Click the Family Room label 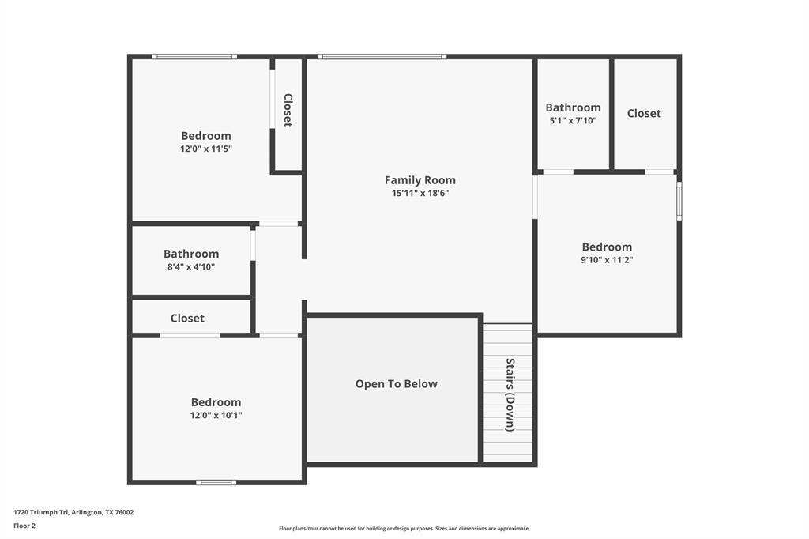pos(420,180)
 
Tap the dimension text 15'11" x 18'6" pos(420,193)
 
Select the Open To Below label pos(396,384)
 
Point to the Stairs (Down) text pos(510,394)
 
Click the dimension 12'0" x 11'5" pos(205,149)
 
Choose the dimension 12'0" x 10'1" pos(216,415)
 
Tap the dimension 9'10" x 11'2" pos(607,259)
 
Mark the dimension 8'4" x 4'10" pos(190,267)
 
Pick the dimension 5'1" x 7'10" pos(573,121)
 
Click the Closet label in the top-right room pos(644,113)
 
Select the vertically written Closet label pos(288,111)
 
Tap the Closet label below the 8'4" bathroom pos(187,318)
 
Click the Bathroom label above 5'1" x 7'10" pos(573,107)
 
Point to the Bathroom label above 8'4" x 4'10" pos(191,254)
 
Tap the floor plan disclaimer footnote pos(404,529)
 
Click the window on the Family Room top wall pos(382,56)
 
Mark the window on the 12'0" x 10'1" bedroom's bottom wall pos(216,482)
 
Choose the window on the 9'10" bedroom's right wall pos(679,201)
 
